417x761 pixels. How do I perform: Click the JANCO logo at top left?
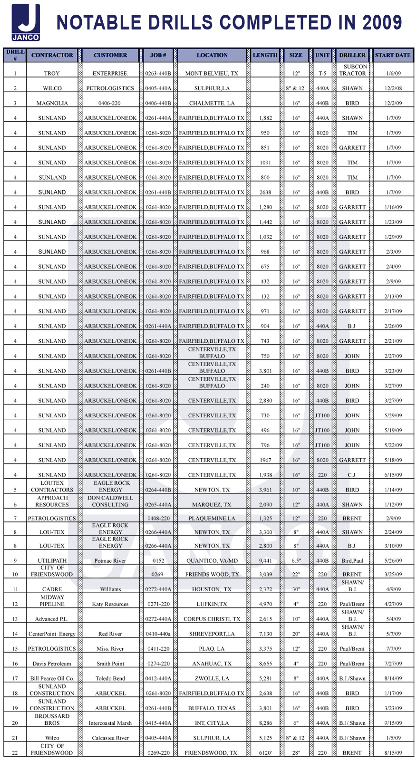(26, 22)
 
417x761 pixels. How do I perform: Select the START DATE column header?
(392, 55)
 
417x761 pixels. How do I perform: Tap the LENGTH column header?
(265, 55)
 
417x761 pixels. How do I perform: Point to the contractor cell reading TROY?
(52, 74)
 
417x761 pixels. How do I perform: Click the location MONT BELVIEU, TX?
(212, 74)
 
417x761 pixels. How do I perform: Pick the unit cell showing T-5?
(322, 74)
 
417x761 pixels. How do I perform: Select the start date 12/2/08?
(393, 88)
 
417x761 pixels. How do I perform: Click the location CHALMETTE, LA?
(212, 103)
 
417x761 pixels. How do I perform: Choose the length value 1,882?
(265, 118)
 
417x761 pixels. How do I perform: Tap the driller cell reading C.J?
(352, 475)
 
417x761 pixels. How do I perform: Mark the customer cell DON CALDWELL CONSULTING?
(110, 501)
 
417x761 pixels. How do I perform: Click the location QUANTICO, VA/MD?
(212, 561)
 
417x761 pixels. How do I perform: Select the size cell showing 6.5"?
(296, 561)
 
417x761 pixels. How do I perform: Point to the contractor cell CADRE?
(52, 589)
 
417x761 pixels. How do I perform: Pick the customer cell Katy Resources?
(110, 604)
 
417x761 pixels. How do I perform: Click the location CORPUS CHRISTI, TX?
(212, 619)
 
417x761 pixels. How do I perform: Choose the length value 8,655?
(265, 664)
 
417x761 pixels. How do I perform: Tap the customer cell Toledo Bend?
(110, 678)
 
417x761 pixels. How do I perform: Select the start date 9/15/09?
(393, 723)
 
